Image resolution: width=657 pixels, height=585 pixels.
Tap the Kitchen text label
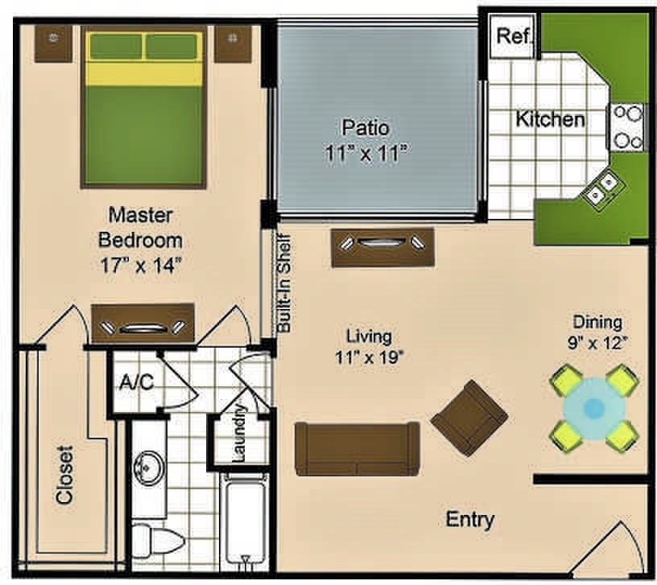pyautogui.click(x=550, y=120)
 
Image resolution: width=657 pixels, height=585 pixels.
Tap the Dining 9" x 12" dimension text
pyautogui.click(x=597, y=332)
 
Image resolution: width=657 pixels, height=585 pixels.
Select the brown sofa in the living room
pyautogui.click(x=357, y=447)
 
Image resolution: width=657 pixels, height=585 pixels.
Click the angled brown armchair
pyautogui.click(x=469, y=417)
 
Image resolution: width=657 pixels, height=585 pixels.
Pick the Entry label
pyautogui.click(x=470, y=519)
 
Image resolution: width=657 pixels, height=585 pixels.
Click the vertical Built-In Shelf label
pyautogui.click(x=283, y=284)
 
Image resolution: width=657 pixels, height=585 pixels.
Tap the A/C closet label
pyautogui.click(x=136, y=381)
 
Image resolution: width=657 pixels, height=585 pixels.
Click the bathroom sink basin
pyautogui.click(x=148, y=465)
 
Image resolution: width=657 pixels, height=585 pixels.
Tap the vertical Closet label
pyautogui.click(x=65, y=475)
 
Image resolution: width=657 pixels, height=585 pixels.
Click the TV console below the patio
pyautogui.click(x=382, y=246)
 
